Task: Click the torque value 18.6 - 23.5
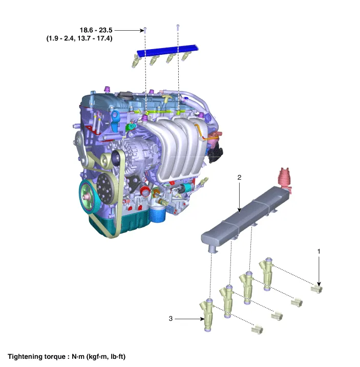96,30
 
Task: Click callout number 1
319,251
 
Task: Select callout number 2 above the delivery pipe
239,178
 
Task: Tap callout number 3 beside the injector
171,318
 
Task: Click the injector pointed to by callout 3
207,315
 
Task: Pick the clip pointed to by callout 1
316,289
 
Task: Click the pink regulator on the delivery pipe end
285,180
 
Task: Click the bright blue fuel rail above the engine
167,50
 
